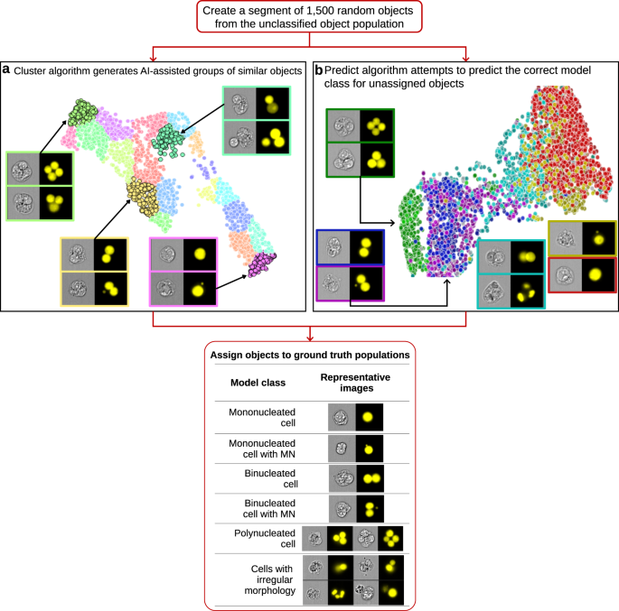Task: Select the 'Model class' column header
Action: tap(259, 382)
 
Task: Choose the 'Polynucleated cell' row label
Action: tap(259, 539)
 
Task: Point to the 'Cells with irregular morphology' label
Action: tap(259, 578)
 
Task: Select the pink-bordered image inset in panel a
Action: tap(183, 271)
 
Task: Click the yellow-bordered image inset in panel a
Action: tap(94, 271)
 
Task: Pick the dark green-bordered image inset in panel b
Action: tap(360, 142)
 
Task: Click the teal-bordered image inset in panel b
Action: tap(511, 274)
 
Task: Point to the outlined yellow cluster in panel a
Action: tap(141, 191)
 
